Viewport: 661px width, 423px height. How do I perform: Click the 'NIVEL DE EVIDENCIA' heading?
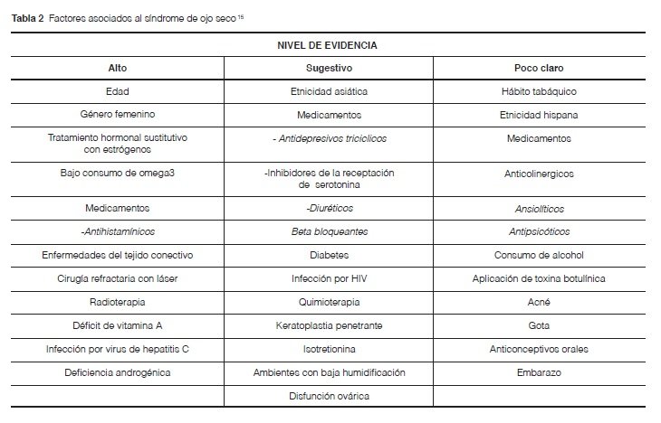328,44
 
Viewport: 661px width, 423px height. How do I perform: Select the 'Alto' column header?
118,68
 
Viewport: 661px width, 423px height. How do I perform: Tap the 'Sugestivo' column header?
328,68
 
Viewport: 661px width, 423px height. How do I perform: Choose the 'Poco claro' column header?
539,68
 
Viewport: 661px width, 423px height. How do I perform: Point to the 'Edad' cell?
118,92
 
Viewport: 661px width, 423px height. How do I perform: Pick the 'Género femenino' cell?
118,116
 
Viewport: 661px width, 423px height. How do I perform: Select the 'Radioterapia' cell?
118,302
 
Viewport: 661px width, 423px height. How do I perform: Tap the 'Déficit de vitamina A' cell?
118,325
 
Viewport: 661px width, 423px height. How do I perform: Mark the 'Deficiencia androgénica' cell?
118,372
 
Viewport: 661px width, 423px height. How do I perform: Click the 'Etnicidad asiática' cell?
328,92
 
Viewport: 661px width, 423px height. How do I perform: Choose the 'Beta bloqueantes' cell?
328,231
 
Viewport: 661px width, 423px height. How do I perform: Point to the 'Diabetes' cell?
328,255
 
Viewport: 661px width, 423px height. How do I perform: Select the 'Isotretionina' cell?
328,349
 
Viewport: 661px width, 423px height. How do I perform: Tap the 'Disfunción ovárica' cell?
328,396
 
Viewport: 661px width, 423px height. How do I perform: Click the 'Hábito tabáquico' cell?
539,92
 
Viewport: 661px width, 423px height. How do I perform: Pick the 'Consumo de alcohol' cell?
539,255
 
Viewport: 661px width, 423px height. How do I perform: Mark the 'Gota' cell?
539,325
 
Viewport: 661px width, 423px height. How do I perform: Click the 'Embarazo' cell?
539,372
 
